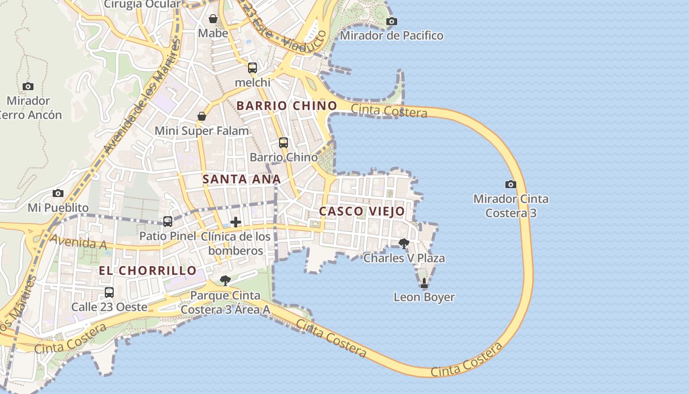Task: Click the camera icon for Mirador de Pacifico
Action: click(392, 21)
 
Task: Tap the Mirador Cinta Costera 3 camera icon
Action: click(511, 184)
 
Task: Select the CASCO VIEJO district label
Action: click(362, 211)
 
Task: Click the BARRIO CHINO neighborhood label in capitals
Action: click(287, 106)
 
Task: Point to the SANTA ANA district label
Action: click(242, 179)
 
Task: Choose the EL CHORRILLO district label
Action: click(148, 270)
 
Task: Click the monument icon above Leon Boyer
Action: click(424, 283)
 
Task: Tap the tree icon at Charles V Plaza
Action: click(404, 243)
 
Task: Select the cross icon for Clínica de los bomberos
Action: click(236, 222)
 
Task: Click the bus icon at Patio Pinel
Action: click(168, 222)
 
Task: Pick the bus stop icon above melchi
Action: click(252, 68)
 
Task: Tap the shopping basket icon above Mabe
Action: click(213, 19)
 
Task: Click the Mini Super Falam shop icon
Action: click(202, 116)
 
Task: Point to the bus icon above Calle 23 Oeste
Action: click(109, 293)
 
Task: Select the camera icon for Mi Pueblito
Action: click(58, 193)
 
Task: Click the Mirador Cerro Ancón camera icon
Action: click(28, 86)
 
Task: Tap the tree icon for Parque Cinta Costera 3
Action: click(225, 281)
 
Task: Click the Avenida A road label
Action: click(72, 242)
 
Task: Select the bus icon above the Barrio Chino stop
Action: click(283, 143)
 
